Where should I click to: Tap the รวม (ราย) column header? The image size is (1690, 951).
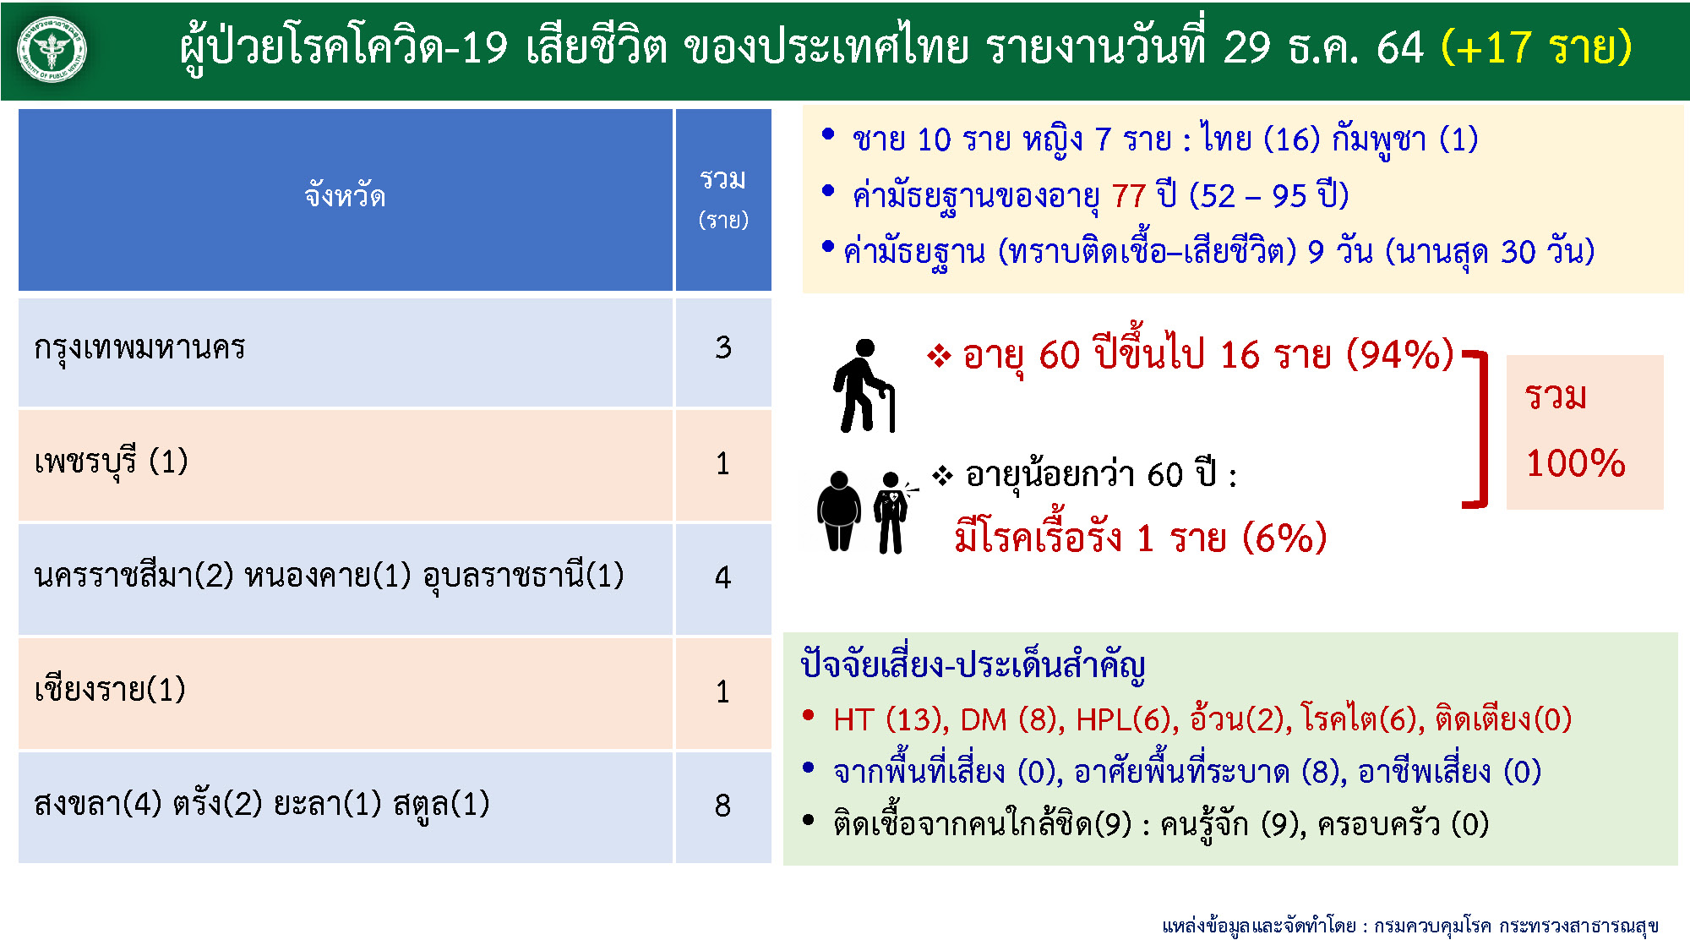(723, 199)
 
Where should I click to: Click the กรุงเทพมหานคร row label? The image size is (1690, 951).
(139, 348)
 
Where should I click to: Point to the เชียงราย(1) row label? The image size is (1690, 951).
(110, 690)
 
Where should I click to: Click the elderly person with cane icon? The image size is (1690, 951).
(864, 385)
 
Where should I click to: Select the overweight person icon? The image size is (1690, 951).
(838, 511)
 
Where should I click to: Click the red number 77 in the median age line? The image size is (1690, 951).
(1128, 196)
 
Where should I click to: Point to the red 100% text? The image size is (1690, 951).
(1575, 463)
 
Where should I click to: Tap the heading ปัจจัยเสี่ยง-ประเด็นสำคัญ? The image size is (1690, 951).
(973, 666)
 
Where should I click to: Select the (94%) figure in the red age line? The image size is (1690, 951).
(1400, 354)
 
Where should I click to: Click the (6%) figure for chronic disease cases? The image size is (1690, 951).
(1284, 538)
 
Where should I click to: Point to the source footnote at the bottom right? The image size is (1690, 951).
(1410, 926)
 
